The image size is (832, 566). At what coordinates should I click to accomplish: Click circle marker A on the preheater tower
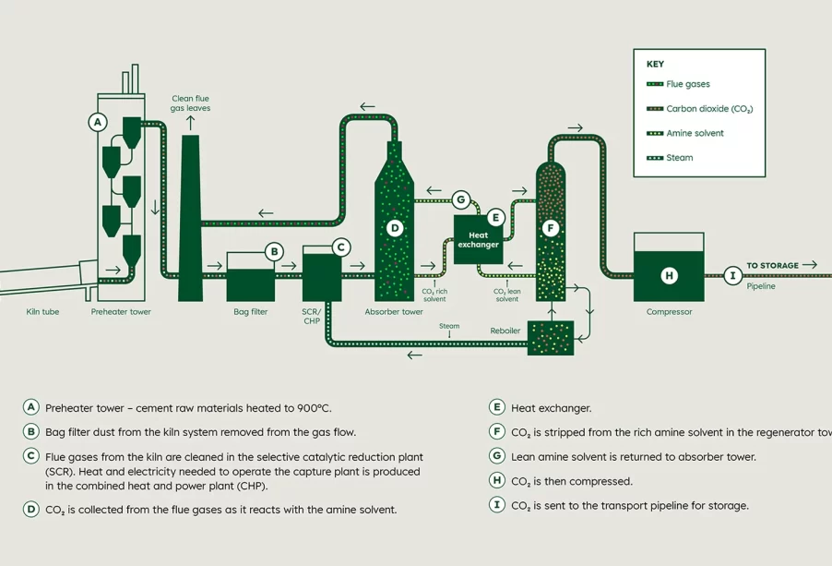click(x=98, y=121)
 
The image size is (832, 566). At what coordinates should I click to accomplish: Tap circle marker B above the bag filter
click(x=273, y=251)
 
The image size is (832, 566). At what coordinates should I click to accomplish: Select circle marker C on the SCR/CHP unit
click(x=341, y=247)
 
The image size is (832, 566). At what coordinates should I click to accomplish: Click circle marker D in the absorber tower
click(x=395, y=228)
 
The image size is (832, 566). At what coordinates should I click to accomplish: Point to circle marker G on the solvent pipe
click(x=461, y=199)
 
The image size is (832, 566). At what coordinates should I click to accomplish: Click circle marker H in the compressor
click(x=670, y=275)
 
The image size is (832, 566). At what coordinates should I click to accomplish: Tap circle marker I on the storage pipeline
click(x=732, y=275)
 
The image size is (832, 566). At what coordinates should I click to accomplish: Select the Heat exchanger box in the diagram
click(x=479, y=240)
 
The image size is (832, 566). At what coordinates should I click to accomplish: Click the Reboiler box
click(x=551, y=338)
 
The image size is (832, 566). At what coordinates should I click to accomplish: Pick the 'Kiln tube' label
click(x=42, y=312)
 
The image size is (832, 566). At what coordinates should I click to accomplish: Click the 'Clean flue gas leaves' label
click(x=190, y=103)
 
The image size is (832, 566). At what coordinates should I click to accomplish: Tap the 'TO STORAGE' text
click(x=772, y=266)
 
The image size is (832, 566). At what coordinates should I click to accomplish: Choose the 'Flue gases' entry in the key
click(x=688, y=84)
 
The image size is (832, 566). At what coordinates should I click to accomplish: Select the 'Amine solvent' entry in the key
click(x=695, y=133)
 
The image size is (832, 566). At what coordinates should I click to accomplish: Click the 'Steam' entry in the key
click(x=680, y=158)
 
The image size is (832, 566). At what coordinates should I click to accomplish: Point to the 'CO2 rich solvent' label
click(x=434, y=295)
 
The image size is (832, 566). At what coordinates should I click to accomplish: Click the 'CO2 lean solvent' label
click(x=506, y=295)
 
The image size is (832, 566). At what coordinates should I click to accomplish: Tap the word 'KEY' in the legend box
click(x=655, y=65)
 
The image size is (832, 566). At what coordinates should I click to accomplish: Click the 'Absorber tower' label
click(x=394, y=312)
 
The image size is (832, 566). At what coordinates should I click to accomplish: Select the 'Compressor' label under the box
click(x=669, y=312)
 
